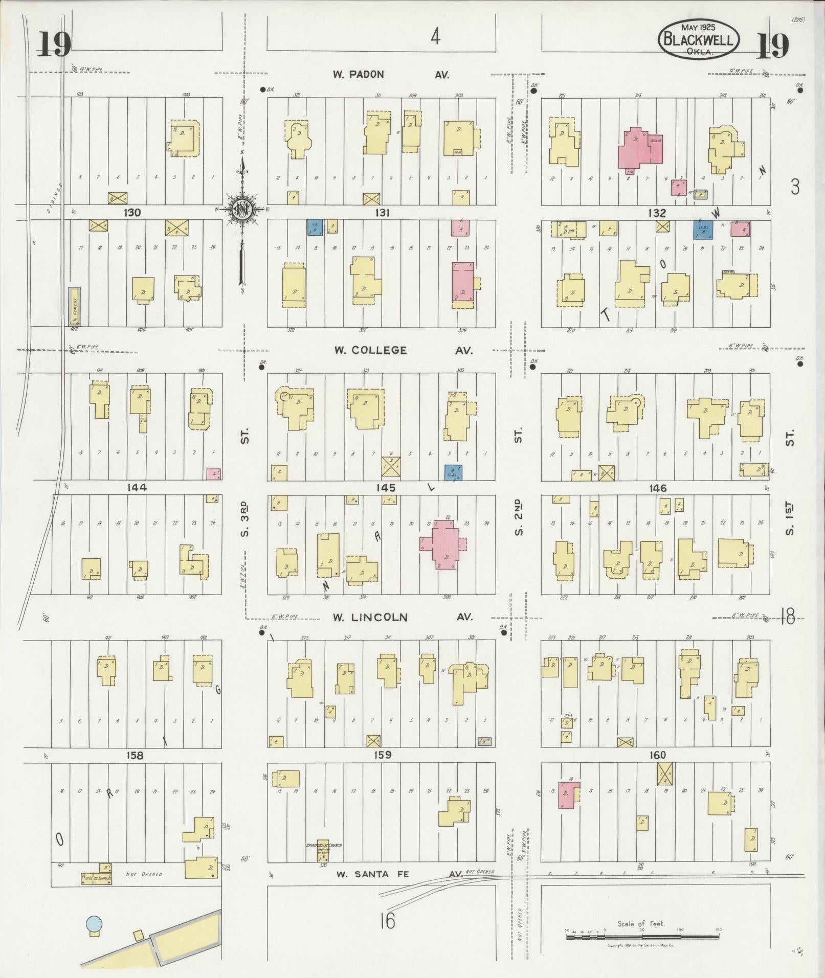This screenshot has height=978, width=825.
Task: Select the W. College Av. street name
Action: [403, 350]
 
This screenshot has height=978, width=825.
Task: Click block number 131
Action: [382, 213]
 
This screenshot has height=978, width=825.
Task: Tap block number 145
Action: [385, 488]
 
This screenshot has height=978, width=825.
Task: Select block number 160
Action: [658, 755]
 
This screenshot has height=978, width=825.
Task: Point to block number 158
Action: [135, 755]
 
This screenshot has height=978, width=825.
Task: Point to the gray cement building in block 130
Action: [75, 306]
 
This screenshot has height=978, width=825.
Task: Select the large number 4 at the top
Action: [435, 37]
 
